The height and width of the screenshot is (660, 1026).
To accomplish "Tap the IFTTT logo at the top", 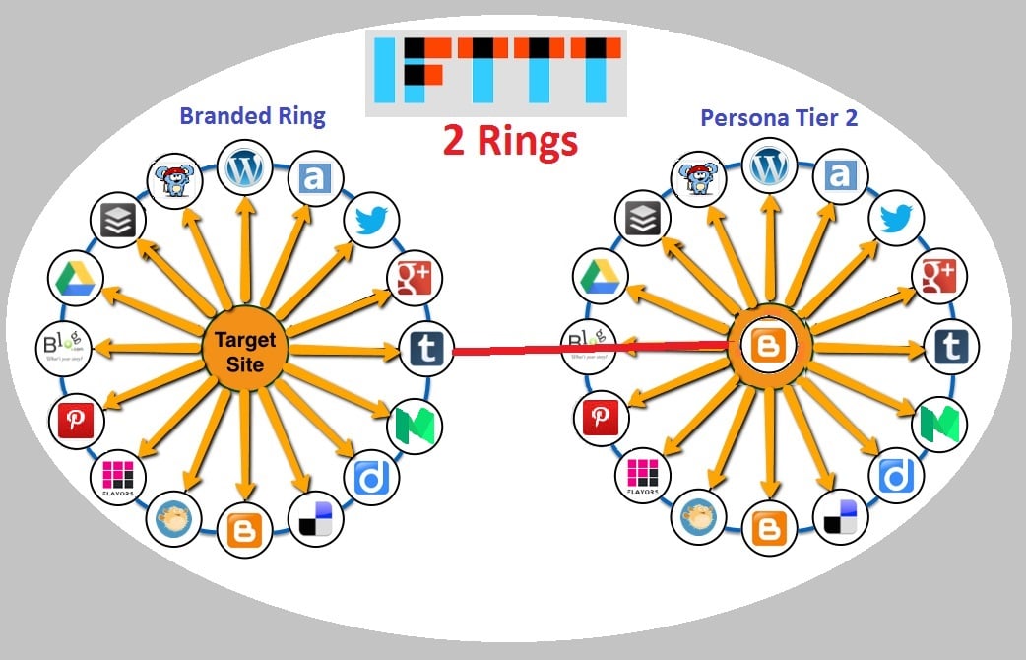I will tap(494, 71).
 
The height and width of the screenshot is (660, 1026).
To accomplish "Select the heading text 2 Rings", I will tap(510, 141).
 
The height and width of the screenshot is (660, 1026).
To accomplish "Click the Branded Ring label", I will tap(252, 116).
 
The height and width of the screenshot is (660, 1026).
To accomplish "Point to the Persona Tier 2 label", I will tap(779, 117).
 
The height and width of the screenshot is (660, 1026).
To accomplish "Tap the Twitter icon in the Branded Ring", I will tap(369, 221).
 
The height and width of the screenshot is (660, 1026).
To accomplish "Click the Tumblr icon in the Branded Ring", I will tap(424, 348).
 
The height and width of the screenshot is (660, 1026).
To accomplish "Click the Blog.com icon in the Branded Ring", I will tap(62, 347).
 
